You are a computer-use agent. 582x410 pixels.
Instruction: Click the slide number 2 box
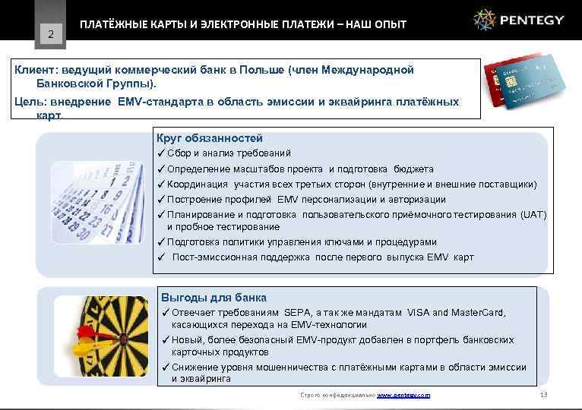point(50,33)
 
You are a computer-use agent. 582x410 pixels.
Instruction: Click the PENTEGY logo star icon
point(485,20)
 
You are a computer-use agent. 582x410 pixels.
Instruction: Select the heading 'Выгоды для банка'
point(214,298)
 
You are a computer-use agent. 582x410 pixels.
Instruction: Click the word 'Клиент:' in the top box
point(36,70)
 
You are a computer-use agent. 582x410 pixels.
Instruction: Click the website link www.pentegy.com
point(403,396)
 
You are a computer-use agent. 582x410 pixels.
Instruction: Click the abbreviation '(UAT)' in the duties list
point(533,215)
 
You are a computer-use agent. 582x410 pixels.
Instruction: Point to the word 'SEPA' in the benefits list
point(297,313)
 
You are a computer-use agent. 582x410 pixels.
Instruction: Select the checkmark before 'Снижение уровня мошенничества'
point(165,367)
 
